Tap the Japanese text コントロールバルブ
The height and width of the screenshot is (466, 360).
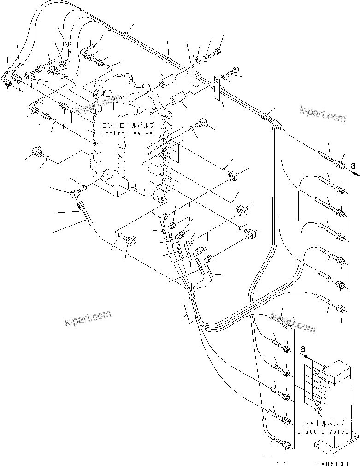[x=128, y=125]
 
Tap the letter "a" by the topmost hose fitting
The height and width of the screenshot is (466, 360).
[x=353, y=165]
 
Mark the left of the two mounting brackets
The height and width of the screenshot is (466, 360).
[x=193, y=73]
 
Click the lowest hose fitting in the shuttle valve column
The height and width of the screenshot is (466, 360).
[x=285, y=445]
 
